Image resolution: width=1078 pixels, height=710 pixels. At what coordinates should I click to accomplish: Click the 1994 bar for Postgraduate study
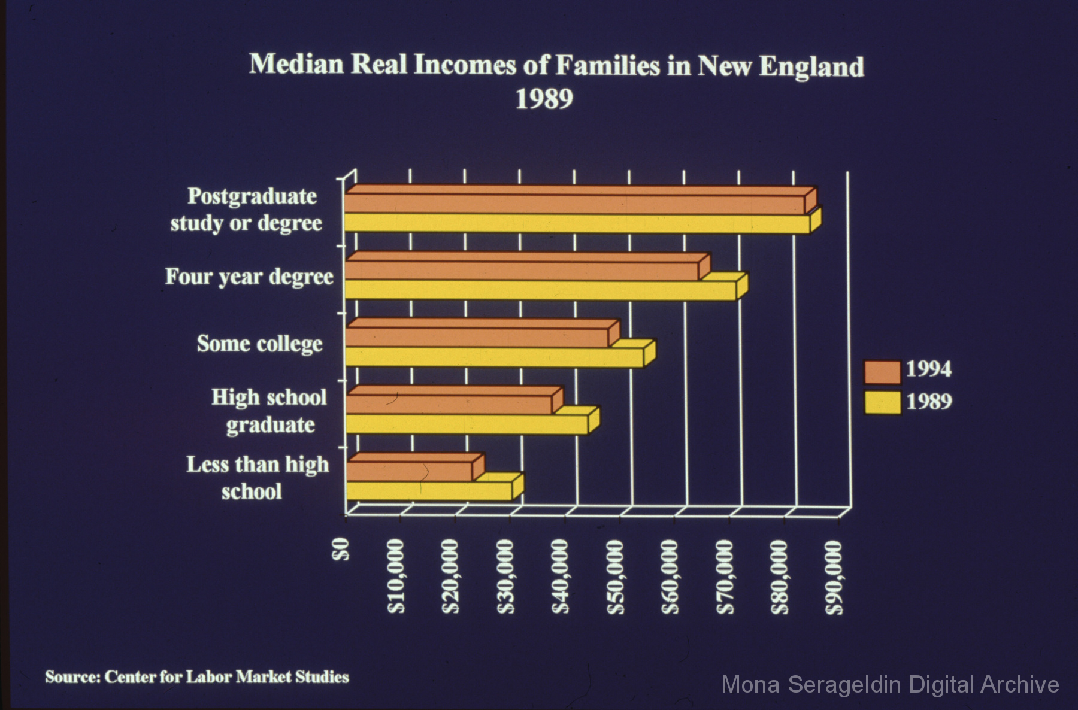coord(575,204)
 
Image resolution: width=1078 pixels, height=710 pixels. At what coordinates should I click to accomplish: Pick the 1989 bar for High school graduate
coord(467,424)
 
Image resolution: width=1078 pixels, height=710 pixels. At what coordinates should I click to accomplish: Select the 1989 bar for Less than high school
coord(429,491)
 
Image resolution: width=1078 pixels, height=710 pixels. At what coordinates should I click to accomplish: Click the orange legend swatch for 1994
coord(882,372)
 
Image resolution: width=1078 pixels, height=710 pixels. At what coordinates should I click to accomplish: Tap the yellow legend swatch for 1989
coord(882,402)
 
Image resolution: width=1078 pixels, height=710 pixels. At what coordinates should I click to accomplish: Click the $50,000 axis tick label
coord(616,577)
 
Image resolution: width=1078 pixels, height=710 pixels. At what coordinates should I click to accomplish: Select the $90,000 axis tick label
coord(834,577)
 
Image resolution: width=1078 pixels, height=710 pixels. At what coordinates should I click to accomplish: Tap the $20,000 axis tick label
coord(451,577)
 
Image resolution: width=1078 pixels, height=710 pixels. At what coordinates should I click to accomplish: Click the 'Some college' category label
coord(260,344)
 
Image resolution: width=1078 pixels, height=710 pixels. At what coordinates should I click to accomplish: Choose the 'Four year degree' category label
coord(249,277)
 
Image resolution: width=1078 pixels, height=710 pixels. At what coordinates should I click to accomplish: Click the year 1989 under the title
coord(544,99)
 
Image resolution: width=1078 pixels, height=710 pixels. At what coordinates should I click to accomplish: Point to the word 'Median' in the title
coord(296,64)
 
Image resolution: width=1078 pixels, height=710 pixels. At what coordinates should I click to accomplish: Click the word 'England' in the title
coord(811,66)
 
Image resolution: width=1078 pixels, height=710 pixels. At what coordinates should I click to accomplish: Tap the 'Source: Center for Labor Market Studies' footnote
coord(196,677)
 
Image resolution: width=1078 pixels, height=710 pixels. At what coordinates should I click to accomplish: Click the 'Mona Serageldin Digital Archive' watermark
coord(890,684)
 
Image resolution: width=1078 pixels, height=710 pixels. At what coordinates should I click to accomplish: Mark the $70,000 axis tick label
coord(725,577)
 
